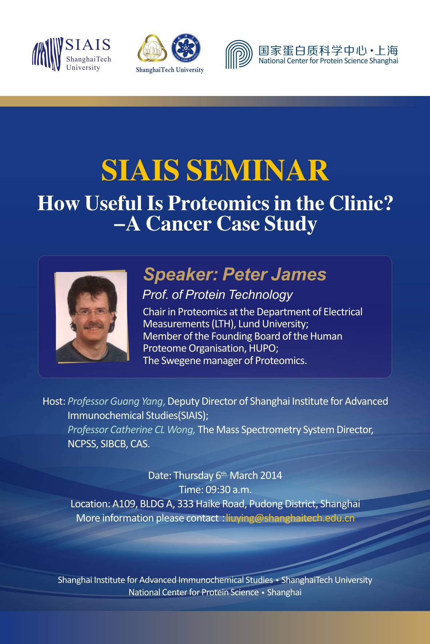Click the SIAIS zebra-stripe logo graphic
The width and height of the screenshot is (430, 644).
(x=47, y=55)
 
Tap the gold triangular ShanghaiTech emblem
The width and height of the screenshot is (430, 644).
(x=152, y=48)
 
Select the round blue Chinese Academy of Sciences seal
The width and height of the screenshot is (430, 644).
(x=186, y=48)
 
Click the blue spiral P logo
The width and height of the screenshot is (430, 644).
(x=239, y=55)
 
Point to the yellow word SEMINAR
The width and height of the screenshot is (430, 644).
(x=258, y=170)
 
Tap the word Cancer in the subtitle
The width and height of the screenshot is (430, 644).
(x=178, y=223)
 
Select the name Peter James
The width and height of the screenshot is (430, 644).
(x=275, y=274)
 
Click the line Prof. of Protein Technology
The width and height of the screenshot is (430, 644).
(x=217, y=295)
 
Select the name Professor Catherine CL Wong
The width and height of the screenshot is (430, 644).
(x=131, y=430)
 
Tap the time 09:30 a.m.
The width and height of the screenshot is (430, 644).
(x=229, y=490)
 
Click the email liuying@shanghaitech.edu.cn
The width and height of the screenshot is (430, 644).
(x=290, y=518)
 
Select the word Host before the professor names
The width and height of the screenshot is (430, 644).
(x=52, y=401)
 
